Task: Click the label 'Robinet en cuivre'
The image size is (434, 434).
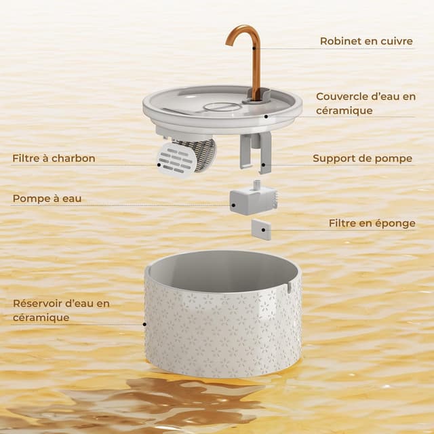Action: (x=366, y=41)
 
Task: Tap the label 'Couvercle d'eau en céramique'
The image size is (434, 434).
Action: (x=366, y=103)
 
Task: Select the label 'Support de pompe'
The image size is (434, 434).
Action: (x=362, y=159)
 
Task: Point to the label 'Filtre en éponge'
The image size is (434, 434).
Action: (x=372, y=223)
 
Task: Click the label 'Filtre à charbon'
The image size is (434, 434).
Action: (x=54, y=159)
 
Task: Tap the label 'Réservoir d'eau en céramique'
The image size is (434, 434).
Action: (x=61, y=310)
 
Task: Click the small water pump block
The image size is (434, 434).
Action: (x=251, y=200)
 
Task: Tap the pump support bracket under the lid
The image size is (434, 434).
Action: (x=256, y=151)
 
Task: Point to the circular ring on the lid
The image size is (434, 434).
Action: (x=222, y=107)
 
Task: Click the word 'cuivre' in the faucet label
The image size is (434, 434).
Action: (x=396, y=41)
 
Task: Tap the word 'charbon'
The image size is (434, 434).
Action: (x=74, y=159)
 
